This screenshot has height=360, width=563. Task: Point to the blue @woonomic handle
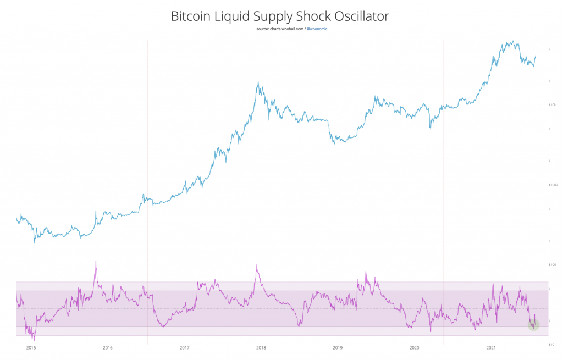(x=317, y=28)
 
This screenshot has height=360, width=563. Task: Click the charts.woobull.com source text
(x=280, y=28)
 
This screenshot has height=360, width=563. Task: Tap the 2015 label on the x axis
(x=31, y=348)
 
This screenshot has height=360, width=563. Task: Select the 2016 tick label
(x=108, y=348)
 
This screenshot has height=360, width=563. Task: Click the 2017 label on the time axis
(x=185, y=348)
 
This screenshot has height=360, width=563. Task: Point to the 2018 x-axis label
(x=261, y=348)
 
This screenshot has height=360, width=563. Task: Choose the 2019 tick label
(x=338, y=348)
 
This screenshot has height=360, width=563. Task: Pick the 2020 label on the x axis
(x=415, y=348)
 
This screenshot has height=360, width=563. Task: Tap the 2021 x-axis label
(x=492, y=348)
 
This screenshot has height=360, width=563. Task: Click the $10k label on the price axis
(x=553, y=105)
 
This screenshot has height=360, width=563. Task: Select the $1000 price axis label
(x=553, y=185)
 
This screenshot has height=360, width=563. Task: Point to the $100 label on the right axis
(x=553, y=265)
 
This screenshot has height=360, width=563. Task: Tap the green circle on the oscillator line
(x=533, y=325)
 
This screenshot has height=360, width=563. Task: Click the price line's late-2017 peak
(x=258, y=83)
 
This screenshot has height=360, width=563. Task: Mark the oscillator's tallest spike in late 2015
(x=96, y=261)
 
